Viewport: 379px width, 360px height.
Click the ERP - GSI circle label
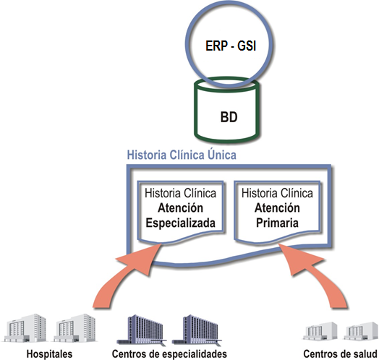(231, 46)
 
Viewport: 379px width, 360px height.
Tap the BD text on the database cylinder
(229, 117)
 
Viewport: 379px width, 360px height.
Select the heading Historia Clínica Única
(182, 155)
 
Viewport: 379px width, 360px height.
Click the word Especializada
(180, 223)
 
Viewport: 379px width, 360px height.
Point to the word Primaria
(277, 223)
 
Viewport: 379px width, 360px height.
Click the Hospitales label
(49, 354)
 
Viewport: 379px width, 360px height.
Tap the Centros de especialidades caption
(169, 354)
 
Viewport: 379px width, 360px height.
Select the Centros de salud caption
(341, 354)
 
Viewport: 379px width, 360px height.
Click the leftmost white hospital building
(25, 328)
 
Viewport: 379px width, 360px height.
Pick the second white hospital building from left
(74, 328)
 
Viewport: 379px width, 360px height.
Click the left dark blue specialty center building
(141, 330)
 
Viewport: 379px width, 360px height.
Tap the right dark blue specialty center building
(197, 330)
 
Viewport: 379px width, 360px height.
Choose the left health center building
(320, 331)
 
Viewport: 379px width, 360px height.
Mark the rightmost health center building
(362, 331)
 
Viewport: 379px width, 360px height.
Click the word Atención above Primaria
(277, 207)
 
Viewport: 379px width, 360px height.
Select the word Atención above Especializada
(180, 207)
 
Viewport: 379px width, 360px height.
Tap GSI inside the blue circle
(247, 46)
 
